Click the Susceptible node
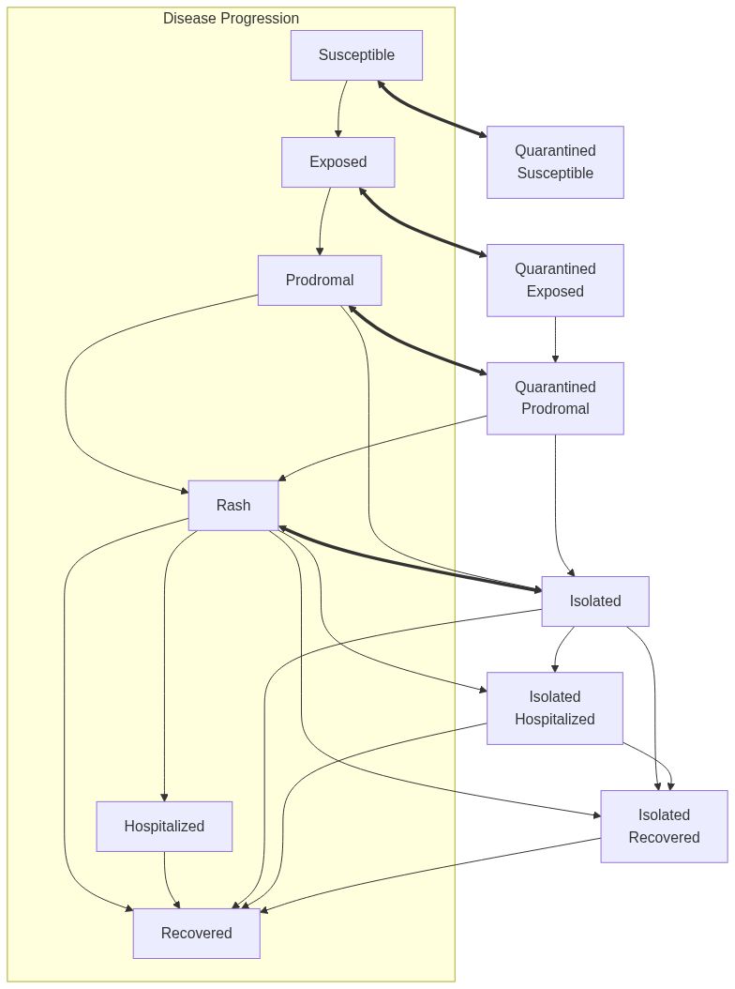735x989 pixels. click(x=356, y=54)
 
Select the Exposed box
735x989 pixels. click(x=337, y=161)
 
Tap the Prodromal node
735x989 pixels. click(x=320, y=280)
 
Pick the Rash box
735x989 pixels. click(x=233, y=505)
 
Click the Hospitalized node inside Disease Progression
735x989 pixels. click(x=164, y=826)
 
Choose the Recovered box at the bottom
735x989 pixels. click(x=196, y=933)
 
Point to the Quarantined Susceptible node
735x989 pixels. click(x=555, y=161)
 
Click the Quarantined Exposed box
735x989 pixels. click(x=555, y=280)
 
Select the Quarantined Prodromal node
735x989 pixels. click(x=555, y=398)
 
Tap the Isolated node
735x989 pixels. click(x=595, y=601)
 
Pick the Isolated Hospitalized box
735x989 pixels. click(x=555, y=708)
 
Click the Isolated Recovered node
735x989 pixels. click(x=664, y=826)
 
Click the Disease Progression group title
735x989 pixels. click(x=231, y=18)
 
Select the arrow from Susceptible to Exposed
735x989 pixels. click(x=339, y=109)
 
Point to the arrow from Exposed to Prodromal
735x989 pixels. click(x=322, y=221)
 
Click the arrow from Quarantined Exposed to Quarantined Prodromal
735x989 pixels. click(x=555, y=339)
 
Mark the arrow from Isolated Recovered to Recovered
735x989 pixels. click(x=431, y=875)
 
